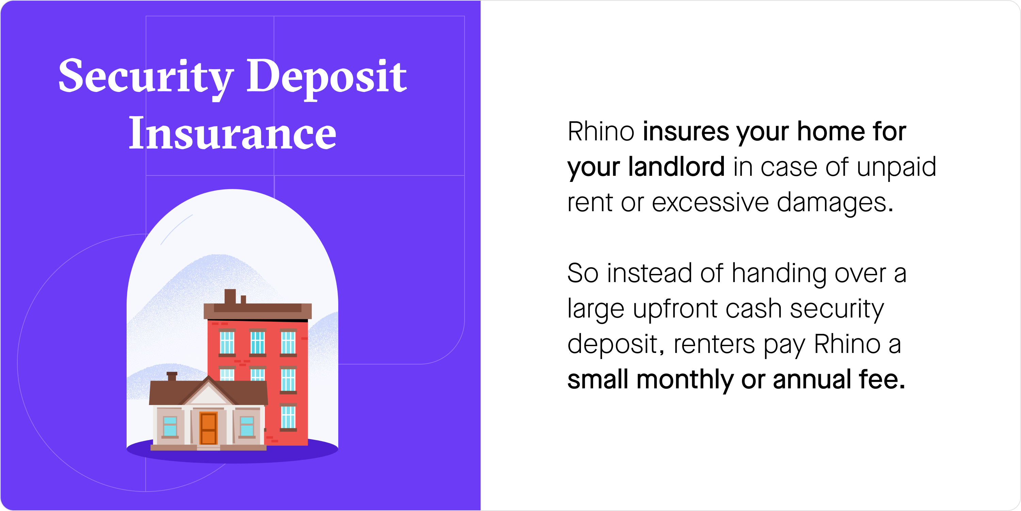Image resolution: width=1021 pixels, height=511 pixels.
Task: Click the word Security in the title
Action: click(x=146, y=77)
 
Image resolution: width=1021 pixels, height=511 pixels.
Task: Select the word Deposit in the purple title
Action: click(x=327, y=77)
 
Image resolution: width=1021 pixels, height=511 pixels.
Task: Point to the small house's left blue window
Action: click(x=170, y=426)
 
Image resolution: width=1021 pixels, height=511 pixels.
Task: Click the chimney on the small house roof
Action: click(x=172, y=376)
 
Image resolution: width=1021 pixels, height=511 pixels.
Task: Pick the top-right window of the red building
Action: click(x=288, y=342)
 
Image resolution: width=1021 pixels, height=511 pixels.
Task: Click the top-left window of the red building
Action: click(x=227, y=342)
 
